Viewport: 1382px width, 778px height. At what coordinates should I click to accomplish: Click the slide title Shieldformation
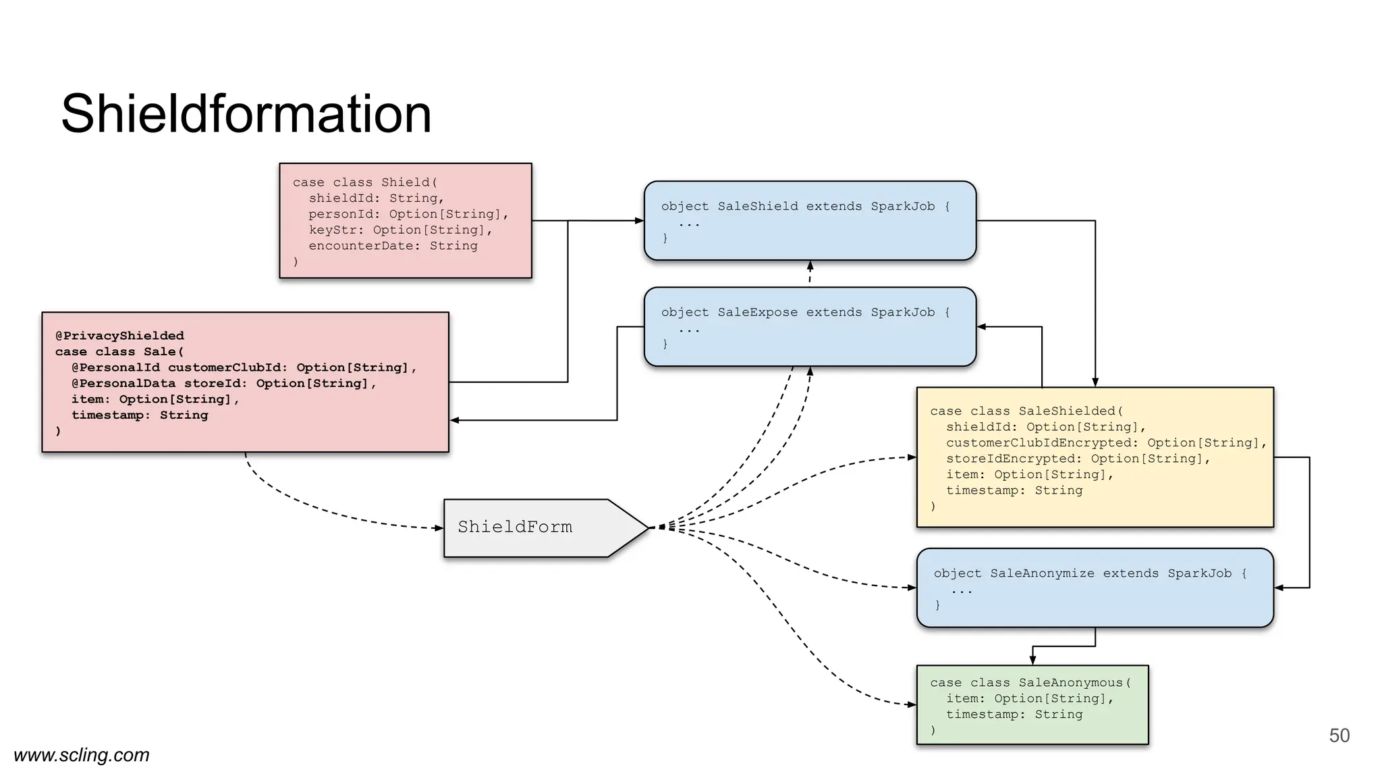[246, 113]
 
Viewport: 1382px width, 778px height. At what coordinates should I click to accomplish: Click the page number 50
[1339, 735]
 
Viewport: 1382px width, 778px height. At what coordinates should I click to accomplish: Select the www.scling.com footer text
[82, 754]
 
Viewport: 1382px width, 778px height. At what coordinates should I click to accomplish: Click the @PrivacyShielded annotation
[119, 336]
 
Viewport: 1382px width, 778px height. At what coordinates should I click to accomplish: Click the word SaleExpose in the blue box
[757, 313]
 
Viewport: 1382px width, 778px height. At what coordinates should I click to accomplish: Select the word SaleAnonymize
[1042, 573]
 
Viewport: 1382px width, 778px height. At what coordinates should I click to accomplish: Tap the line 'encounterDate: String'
[393, 246]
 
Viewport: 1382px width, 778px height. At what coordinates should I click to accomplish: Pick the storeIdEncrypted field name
[1014, 459]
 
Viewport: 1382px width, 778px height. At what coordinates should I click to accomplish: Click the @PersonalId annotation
[115, 367]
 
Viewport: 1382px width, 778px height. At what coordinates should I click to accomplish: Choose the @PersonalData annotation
[123, 384]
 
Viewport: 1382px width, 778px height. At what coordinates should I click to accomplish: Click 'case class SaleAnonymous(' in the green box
[1030, 683]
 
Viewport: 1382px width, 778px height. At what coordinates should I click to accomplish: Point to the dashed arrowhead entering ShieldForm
[439, 528]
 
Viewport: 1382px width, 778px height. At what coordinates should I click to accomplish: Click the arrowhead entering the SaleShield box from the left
[640, 221]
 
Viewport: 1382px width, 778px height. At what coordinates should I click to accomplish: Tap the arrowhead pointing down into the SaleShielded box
[1095, 383]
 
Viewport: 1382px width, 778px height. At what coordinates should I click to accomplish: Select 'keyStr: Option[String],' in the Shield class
[401, 230]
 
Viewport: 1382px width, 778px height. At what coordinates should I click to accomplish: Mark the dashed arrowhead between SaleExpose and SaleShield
[810, 265]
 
